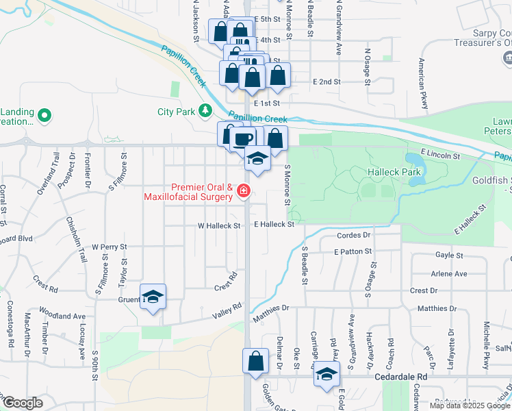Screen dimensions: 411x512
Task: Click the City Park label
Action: [175, 112]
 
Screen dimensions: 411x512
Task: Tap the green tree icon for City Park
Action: [204, 110]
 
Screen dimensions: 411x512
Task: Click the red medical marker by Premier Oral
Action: [243, 193]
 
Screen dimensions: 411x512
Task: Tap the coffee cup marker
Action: [242, 139]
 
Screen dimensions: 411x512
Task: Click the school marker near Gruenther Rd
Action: [153, 297]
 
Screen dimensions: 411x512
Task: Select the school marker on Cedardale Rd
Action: [327, 375]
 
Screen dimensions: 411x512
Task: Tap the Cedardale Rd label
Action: [400, 377]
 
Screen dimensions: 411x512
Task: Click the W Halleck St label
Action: [219, 225]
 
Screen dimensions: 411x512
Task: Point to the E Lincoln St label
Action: [440, 156]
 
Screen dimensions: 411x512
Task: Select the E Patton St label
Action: [353, 252]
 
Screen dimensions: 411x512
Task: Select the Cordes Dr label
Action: [354, 235]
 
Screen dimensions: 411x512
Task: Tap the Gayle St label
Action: [450, 255]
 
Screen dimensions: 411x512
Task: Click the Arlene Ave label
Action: [449, 273]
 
